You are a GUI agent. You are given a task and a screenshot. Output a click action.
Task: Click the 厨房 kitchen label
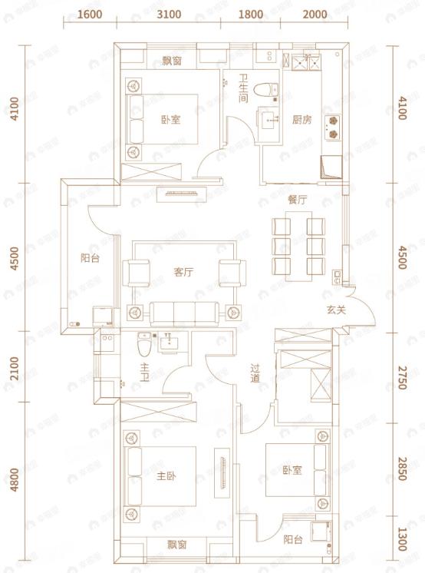[301, 120]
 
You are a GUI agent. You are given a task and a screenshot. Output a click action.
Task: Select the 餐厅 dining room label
[298, 199]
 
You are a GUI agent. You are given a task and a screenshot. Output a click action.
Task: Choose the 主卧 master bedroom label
[167, 476]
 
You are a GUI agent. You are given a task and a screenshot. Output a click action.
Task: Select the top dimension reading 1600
[91, 15]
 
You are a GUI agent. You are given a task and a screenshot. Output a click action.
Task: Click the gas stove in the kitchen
[334, 127]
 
